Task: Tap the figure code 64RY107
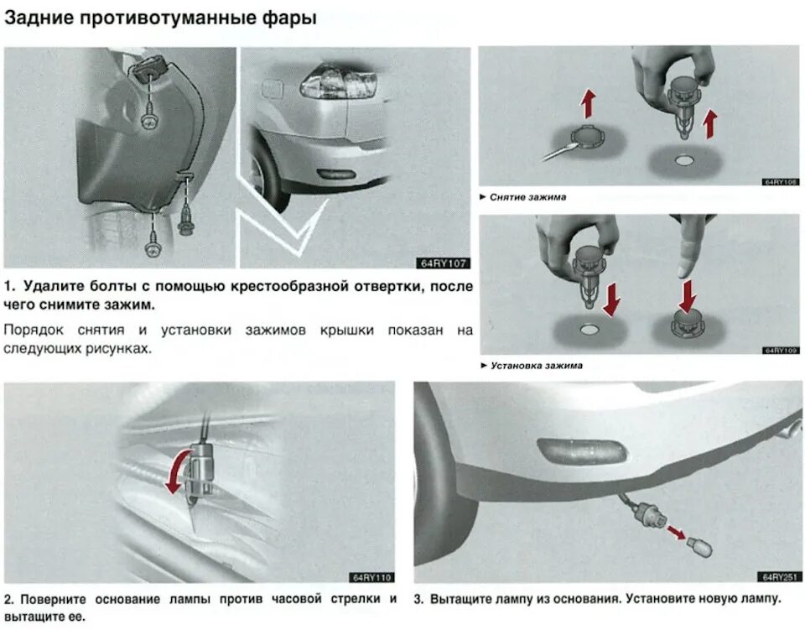[x=445, y=263]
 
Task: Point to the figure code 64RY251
[x=781, y=576]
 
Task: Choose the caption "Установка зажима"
[x=537, y=366]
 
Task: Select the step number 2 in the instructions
[x=8, y=600]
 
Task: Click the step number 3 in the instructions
[x=419, y=600]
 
